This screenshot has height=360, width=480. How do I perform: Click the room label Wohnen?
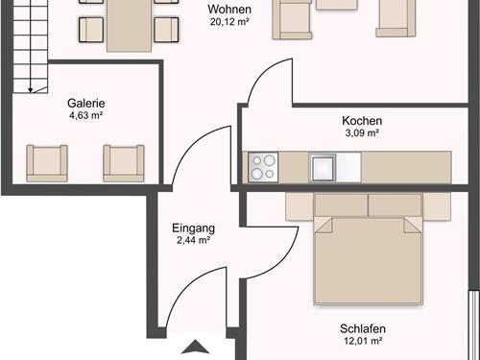click(x=229, y=10)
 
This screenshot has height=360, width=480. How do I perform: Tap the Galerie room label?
click(x=85, y=104)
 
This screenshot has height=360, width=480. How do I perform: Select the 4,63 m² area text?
click(x=85, y=117)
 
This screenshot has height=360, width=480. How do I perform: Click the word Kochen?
click(x=362, y=121)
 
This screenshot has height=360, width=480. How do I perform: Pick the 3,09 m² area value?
click(x=362, y=134)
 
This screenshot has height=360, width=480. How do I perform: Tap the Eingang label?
click(x=193, y=228)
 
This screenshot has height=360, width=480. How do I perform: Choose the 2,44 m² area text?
click(x=193, y=241)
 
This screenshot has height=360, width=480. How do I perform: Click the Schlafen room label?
click(x=362, y=327)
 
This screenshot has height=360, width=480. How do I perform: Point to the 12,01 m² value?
click(x=362, y=341)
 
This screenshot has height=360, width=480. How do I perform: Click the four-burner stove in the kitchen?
click(x=262, y=166)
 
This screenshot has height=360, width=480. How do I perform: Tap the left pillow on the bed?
click(x=341, y=205)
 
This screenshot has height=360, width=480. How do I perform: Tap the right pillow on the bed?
click(x=396, y=205)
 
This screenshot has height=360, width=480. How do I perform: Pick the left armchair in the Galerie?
click(x=46, y=162)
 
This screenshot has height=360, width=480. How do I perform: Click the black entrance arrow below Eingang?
click(x=196, y=348)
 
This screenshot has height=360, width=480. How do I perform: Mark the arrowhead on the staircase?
click(x=32, y=89)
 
